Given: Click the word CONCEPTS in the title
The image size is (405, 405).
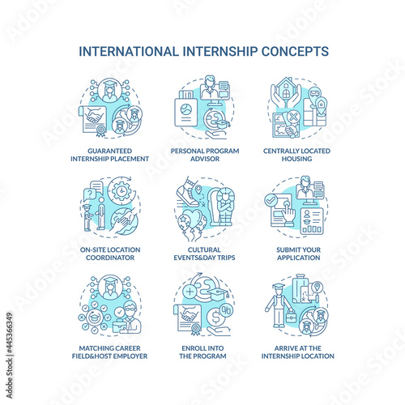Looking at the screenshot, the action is tap(295, 51).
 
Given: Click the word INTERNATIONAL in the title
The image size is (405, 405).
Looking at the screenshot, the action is tap(129, 51).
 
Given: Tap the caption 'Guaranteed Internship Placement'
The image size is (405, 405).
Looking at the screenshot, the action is tap(109, 155).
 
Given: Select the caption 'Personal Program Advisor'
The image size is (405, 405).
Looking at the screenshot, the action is tap(205, 155).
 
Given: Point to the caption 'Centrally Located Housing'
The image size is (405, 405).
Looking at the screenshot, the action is tap(296, 155).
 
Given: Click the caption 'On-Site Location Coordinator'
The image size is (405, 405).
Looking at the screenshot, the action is tap(110, 254).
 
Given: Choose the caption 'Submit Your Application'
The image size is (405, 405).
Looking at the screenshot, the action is tap(298, 254).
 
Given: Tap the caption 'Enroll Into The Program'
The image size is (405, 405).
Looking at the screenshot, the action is tap(202, 352).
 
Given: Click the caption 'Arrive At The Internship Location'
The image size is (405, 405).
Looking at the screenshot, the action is tap(298, 352).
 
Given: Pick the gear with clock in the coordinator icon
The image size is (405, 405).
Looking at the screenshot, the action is tap(122, 191).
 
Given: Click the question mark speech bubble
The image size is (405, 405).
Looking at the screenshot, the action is tap(90, 194).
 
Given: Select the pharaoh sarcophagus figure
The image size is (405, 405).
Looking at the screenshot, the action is tap(221, 207).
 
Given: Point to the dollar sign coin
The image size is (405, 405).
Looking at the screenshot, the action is tap(215, 318).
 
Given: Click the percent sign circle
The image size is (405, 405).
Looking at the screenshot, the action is tap(226, 310).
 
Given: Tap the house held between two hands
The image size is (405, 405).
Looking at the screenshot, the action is tap(286, 88).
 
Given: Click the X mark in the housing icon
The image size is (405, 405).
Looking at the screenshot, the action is tap(293, 117).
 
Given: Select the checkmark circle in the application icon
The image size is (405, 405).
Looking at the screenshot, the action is tap(271, 200).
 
